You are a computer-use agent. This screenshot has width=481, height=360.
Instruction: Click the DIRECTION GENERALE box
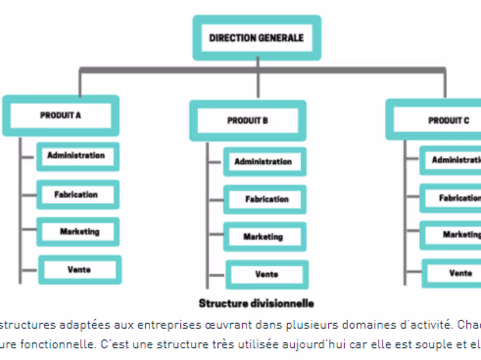[x=257, y=38]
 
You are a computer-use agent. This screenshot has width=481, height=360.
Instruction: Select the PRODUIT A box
[x=61, y=116]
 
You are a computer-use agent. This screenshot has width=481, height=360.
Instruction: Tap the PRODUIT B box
[x=247, y=121]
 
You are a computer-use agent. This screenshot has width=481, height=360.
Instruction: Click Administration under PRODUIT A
[x=77, y=156]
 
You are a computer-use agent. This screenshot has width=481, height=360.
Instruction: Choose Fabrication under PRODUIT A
[x=77, y=194]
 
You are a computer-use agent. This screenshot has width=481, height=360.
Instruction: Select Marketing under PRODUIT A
[x=79, y=232]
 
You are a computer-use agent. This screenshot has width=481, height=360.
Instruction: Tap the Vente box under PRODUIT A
[x=79, y=270]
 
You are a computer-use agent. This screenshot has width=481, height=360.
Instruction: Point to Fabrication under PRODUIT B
[x=266, y=199]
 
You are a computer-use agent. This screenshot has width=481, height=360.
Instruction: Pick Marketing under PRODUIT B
[x=263, y=237]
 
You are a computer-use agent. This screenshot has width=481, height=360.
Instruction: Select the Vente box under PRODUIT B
[x=267, y=274]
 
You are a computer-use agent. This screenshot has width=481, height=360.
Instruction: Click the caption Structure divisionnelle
[x=256, y=303]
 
